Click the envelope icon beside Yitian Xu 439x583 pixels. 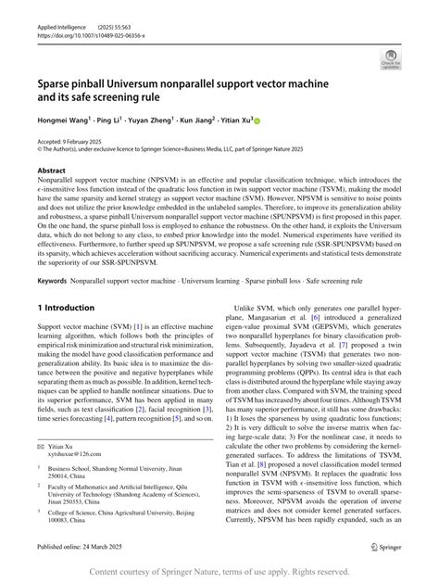pyautogui.click(x=40, y=444)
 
